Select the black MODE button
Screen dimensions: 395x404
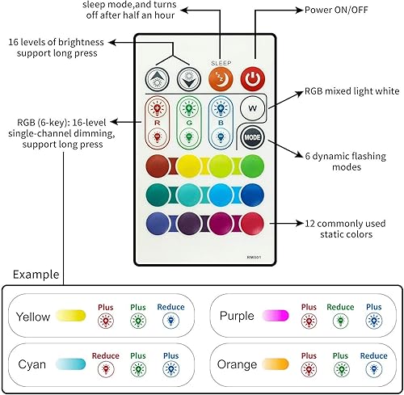(253, 137)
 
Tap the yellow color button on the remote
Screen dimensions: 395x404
(188, 166)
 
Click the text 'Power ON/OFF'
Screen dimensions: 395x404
(336, 11)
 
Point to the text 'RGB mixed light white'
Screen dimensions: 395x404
(349, 93)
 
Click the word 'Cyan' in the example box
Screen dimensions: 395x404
(32, 364)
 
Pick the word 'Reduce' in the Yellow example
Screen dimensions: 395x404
(170, 307)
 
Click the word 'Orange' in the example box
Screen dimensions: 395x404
(238, 364)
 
